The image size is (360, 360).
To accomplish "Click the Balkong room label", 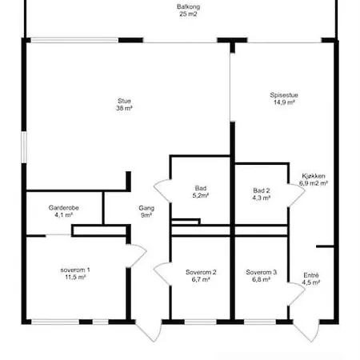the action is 188,6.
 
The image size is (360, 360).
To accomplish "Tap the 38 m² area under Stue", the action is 124,108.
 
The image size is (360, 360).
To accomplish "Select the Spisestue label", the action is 284,95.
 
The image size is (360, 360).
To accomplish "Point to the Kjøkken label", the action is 314,176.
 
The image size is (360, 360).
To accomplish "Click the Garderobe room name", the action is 63,207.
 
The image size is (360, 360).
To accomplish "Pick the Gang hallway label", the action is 146,208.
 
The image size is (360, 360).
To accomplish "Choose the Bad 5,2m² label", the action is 201,192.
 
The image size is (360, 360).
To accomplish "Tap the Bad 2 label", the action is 262,190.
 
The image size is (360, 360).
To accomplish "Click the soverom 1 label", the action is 75,270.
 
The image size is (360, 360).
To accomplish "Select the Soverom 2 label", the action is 201,272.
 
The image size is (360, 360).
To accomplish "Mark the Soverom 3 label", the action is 262,272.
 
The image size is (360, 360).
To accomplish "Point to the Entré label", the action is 311,275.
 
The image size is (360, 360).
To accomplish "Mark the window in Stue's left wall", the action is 24,147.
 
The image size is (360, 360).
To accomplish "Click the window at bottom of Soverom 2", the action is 200,322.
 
